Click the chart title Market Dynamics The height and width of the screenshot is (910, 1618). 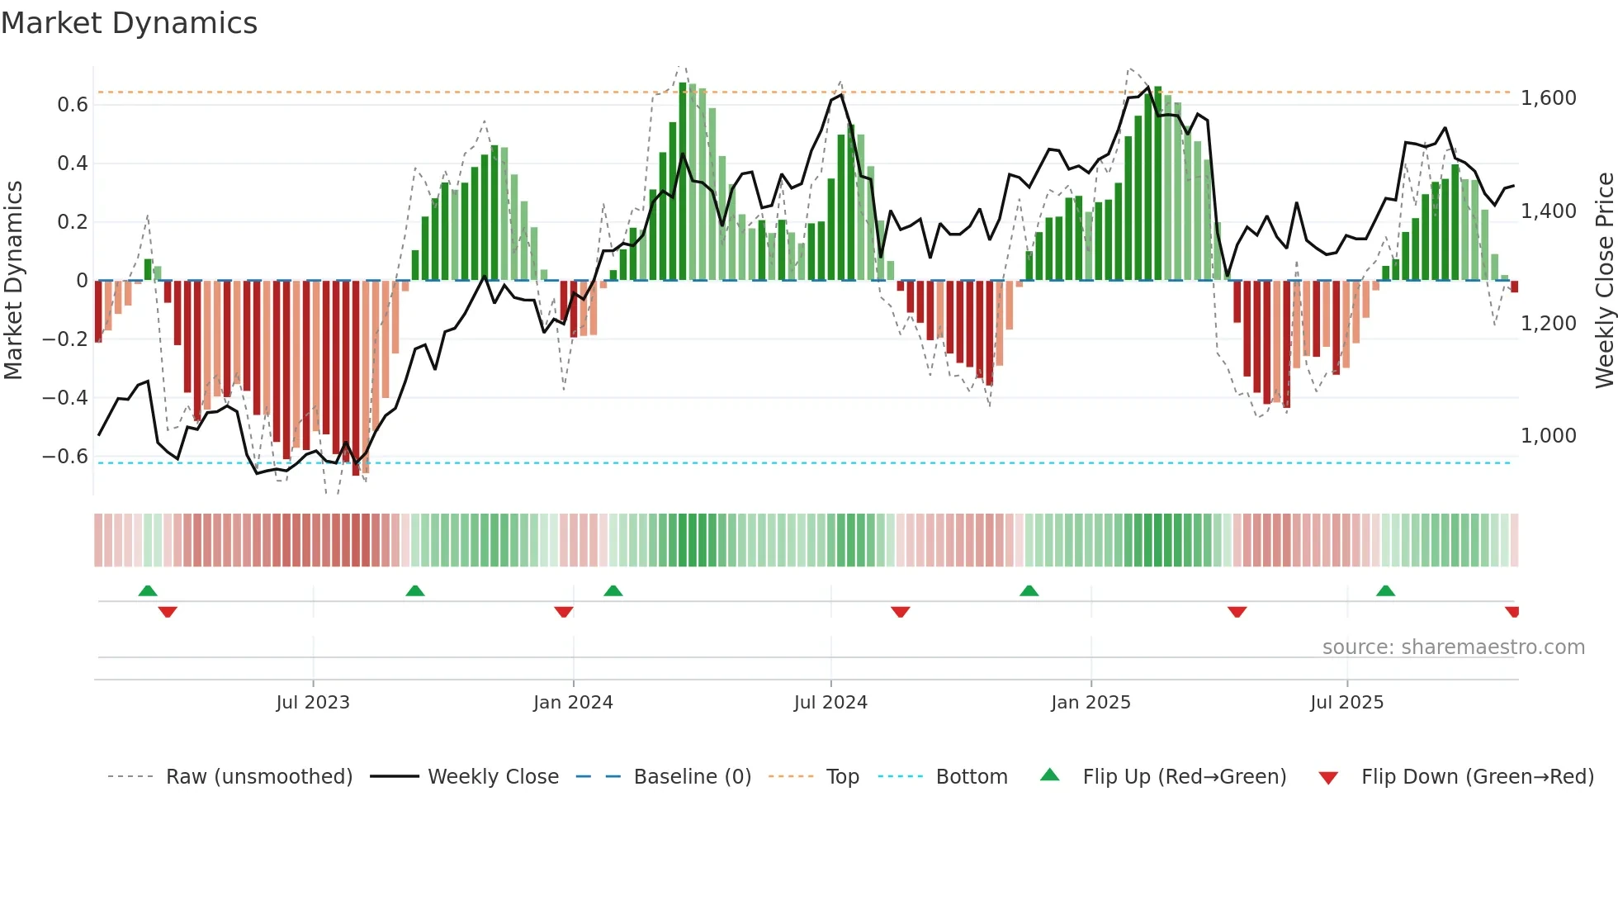click(130, 23)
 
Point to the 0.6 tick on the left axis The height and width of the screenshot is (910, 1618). click(72, 105)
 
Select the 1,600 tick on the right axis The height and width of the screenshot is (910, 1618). click(1549, 98)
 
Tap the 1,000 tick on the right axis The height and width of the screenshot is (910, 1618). click(1549, 436)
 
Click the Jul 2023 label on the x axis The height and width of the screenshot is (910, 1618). click(313, 703)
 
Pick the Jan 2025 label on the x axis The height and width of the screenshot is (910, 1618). click(1090, 703)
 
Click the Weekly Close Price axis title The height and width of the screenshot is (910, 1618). click(1604, 281)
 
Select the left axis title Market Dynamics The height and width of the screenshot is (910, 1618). click(13, 281)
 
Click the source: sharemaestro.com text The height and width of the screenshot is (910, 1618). click(1453, 647)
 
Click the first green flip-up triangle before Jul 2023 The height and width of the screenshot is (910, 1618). click(148, 591)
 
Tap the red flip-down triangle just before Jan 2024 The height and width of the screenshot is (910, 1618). click(564, 612)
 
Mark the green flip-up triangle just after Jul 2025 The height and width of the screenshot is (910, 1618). click(1386, 591)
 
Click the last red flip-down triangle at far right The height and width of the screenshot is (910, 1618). click(1512, 612)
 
